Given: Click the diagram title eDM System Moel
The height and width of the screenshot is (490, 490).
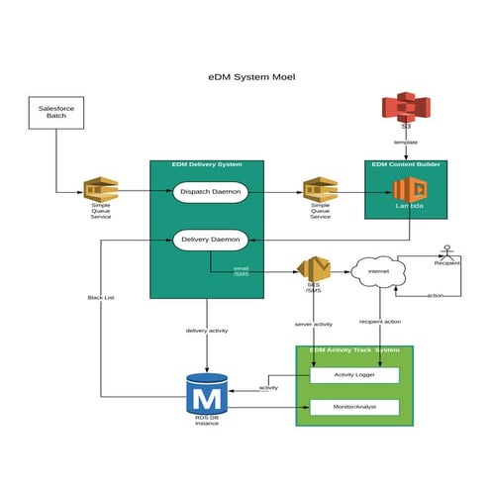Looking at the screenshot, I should (x=245, y=76).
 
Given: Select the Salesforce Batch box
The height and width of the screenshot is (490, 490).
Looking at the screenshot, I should (x=55, y=113).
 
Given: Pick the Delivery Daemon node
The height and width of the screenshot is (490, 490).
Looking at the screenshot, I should (x=210, y=239).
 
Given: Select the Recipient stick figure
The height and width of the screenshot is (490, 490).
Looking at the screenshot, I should (x=447, y=252).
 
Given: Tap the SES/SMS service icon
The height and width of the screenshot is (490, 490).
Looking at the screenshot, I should (x=313, y=269).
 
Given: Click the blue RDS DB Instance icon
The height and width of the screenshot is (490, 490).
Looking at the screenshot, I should (x=207, y=395).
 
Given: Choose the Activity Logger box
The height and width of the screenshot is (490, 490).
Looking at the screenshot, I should (x=354, y=375).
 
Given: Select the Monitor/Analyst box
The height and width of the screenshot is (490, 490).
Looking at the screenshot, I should (x=354, y=407).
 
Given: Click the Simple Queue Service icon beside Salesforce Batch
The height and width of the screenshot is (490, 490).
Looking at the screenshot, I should (x=101, y=190).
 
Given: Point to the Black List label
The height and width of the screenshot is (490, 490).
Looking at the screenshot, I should (x=101, y=297).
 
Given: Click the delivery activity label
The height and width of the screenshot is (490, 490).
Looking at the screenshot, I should (x=207, y=330).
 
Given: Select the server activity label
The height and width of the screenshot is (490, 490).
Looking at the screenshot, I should (x=314, y=324).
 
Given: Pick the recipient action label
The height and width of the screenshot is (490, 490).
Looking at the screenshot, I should (x=379, y=323).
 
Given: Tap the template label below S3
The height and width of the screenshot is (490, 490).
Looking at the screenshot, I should (x=405, y=142).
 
